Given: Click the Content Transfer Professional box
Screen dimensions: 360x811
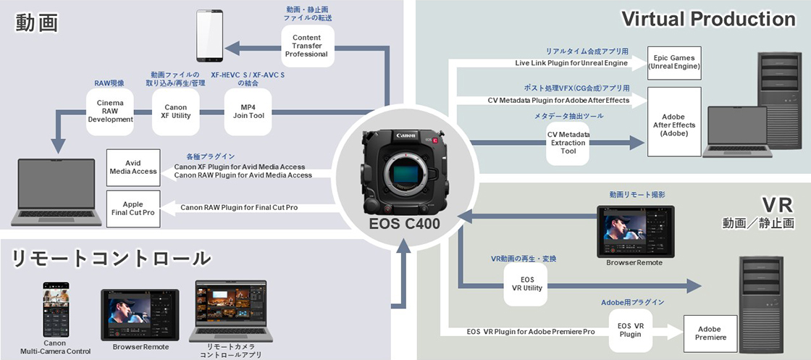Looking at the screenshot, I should (310, 46).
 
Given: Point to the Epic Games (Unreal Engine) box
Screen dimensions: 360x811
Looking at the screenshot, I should (674, 62).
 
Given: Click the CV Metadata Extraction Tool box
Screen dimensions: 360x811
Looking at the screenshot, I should (568, 142).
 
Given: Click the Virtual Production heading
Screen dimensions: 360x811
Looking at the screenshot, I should (708, 19).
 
